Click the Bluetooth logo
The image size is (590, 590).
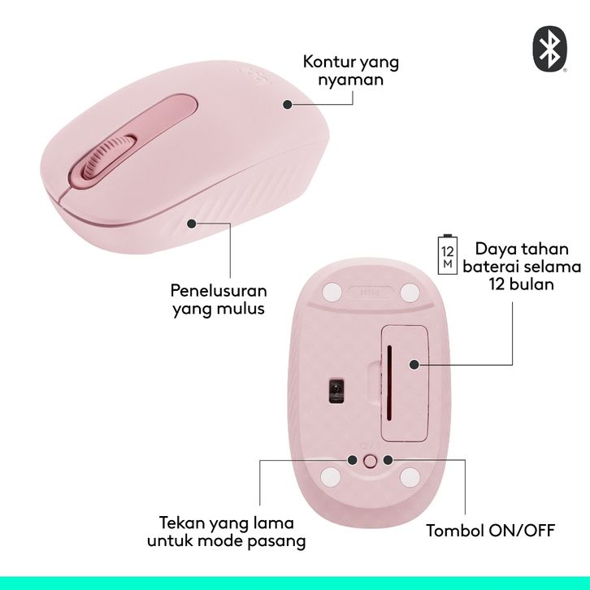click(549, 49)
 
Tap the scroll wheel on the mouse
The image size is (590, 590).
click(109, 156)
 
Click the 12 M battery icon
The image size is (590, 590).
click(448, 254)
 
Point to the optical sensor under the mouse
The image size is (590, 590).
click(336, 390)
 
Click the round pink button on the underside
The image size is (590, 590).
click(371, 461)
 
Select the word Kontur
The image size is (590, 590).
click(324, 62)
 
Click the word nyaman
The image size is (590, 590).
click(351, 80)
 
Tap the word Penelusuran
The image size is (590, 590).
click(219, 290)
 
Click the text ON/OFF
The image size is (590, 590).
click(522, 531)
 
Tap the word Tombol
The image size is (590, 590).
click(455, 531)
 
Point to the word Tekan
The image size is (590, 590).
click(182, 523)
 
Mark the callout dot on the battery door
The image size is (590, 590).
click(414, 364)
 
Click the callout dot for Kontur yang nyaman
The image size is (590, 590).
click(288, 104)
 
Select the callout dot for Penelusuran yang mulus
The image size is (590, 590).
click(192, 223)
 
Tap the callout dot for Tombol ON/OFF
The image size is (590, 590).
click(388, 460)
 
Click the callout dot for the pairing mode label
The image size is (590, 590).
click(353, 460)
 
